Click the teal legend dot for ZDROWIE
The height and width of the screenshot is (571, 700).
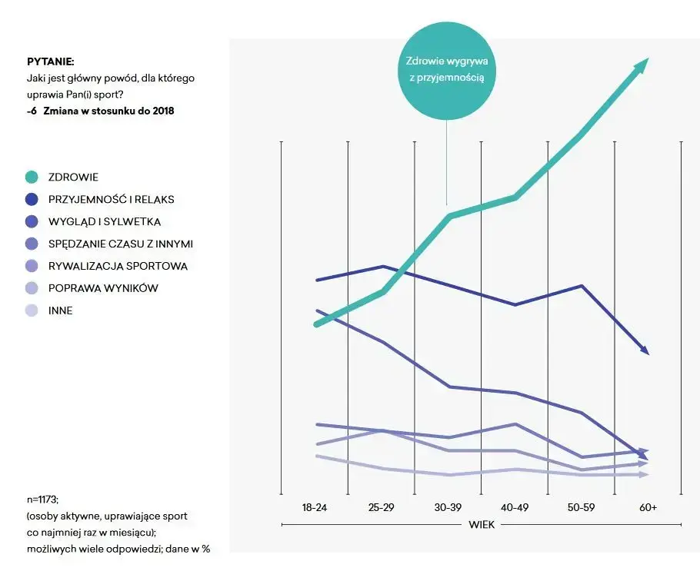click(32, 177)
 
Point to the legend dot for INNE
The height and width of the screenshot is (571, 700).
click(32, 310)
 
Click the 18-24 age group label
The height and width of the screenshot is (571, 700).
click(315, 507)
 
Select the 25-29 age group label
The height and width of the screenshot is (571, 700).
click(381, 507)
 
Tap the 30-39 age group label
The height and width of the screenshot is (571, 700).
click(448, 507)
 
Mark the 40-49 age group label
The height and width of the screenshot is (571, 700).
click(514, 507)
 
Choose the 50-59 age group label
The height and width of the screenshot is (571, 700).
click(581, 507)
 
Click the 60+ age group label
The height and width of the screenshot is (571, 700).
click(647, 507)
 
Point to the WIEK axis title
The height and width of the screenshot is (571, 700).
click(482, 525)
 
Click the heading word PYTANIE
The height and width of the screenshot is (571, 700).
click(50, 61)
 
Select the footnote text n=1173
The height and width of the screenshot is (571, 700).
click(42, 499)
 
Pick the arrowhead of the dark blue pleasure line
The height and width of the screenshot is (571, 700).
click(645, 350)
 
